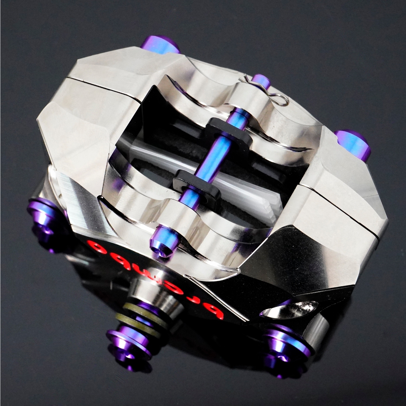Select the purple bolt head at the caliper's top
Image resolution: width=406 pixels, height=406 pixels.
click(x=160, y=44)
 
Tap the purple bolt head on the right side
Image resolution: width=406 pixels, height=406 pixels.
click(x=352, y=144)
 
